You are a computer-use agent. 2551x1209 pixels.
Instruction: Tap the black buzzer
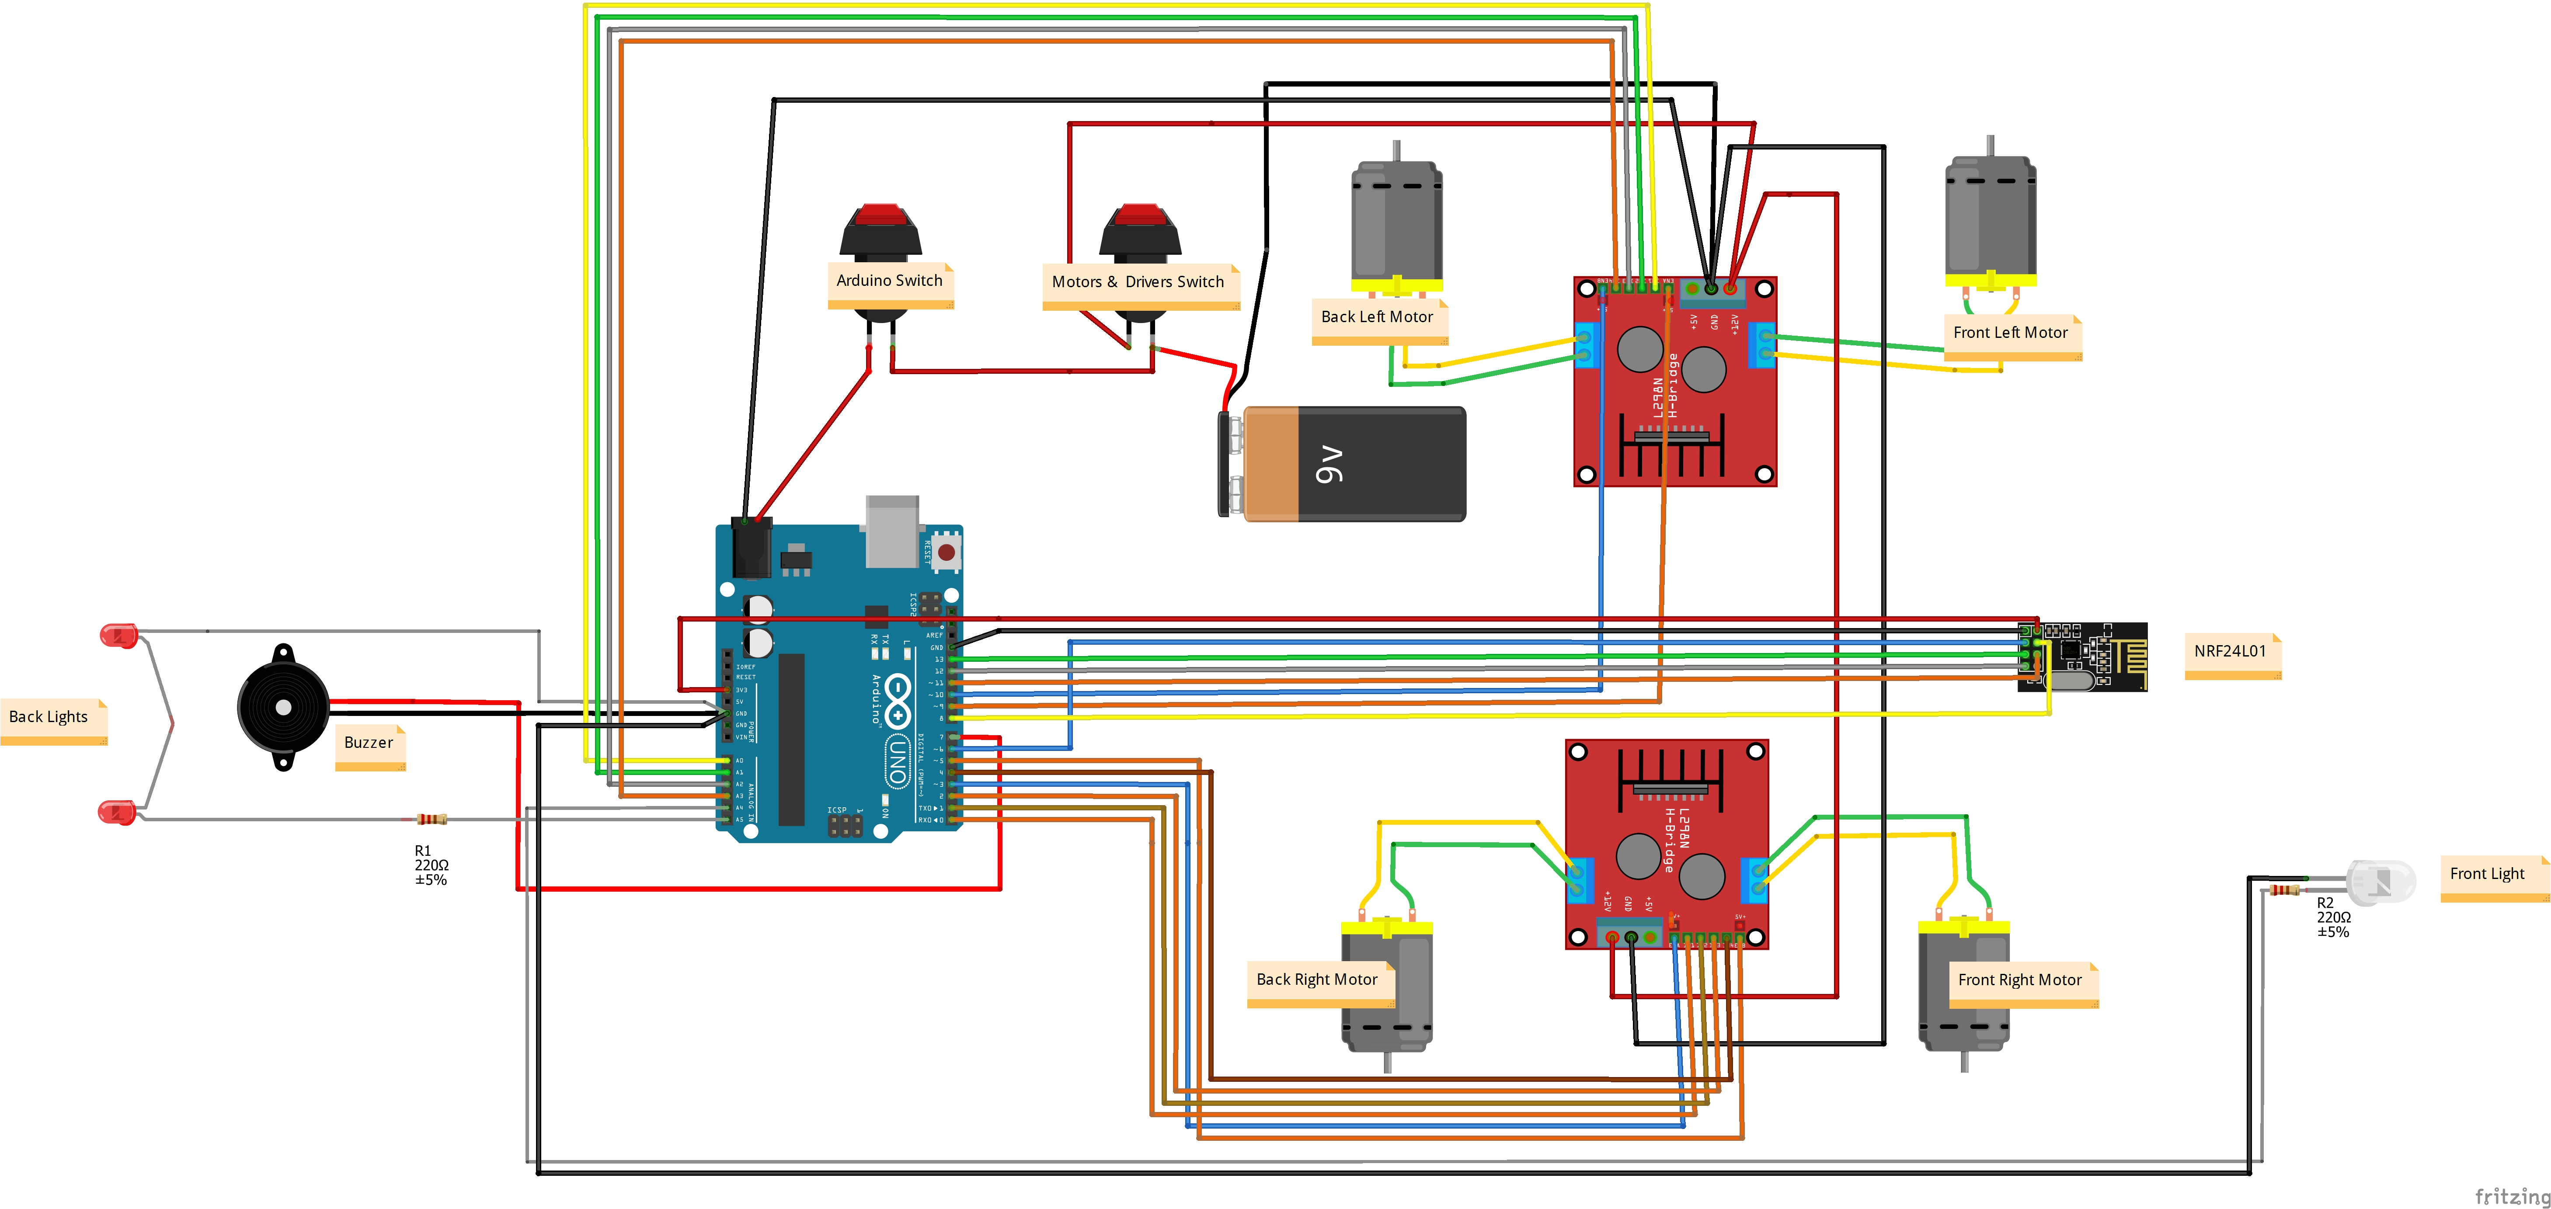283,707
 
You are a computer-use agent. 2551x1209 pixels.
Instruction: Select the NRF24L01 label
2230,652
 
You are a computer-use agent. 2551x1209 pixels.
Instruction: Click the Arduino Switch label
889,281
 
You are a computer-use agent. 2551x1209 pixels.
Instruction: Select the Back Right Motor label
1317,980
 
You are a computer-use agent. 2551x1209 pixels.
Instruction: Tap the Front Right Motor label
2020,980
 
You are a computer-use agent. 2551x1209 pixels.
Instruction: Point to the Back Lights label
49,717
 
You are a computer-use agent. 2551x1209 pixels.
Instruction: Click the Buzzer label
369,743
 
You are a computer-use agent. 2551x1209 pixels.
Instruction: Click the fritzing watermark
2510,1196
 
